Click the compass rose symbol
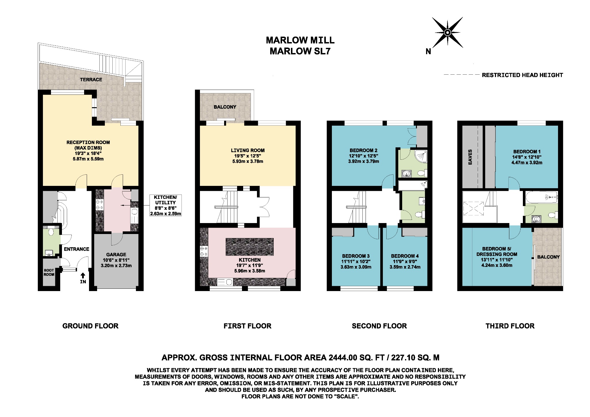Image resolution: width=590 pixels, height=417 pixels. (x=447, y=32)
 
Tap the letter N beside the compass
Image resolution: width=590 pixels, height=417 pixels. (x=428, y=52)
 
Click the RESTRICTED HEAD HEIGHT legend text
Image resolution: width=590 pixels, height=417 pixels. (x=522, y=75)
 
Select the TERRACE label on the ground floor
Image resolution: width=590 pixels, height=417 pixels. (x=91, y=80)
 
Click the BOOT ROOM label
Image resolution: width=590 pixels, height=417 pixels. (x=49, y=272)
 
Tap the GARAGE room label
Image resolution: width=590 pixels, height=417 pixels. (x=116, y=254)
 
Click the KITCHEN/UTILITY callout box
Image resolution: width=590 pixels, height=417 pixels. (x=165, y=205)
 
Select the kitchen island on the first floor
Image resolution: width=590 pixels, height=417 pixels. (x=249, y=247)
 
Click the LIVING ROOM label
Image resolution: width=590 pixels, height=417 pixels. (x=247, y=150)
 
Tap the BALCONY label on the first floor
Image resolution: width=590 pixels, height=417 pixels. (x=225, y=107)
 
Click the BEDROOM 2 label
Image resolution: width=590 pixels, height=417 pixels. (x=363, y=150)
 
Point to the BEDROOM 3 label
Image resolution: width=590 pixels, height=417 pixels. (x=356, y=256)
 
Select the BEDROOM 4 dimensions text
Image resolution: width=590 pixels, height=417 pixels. (x=405, y=264)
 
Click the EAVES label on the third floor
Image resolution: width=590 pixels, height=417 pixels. (x=470, y=157)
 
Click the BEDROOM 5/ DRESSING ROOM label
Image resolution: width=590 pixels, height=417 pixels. (x=497, y=251)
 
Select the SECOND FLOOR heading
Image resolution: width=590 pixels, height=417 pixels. (x=379, y=326)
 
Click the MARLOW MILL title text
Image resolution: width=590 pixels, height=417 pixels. (x=300, y=40)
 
